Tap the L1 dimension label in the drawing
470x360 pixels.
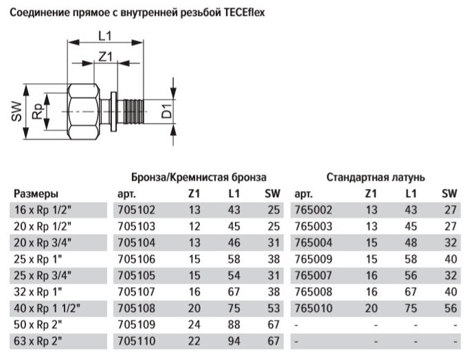click(104, 35)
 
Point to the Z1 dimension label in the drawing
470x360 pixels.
click(104, 58)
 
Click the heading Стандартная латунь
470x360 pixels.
click(375, 177)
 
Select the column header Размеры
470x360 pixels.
click(36, 194)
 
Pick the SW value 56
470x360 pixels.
click(451, 308)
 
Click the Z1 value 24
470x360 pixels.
click(196, 325)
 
